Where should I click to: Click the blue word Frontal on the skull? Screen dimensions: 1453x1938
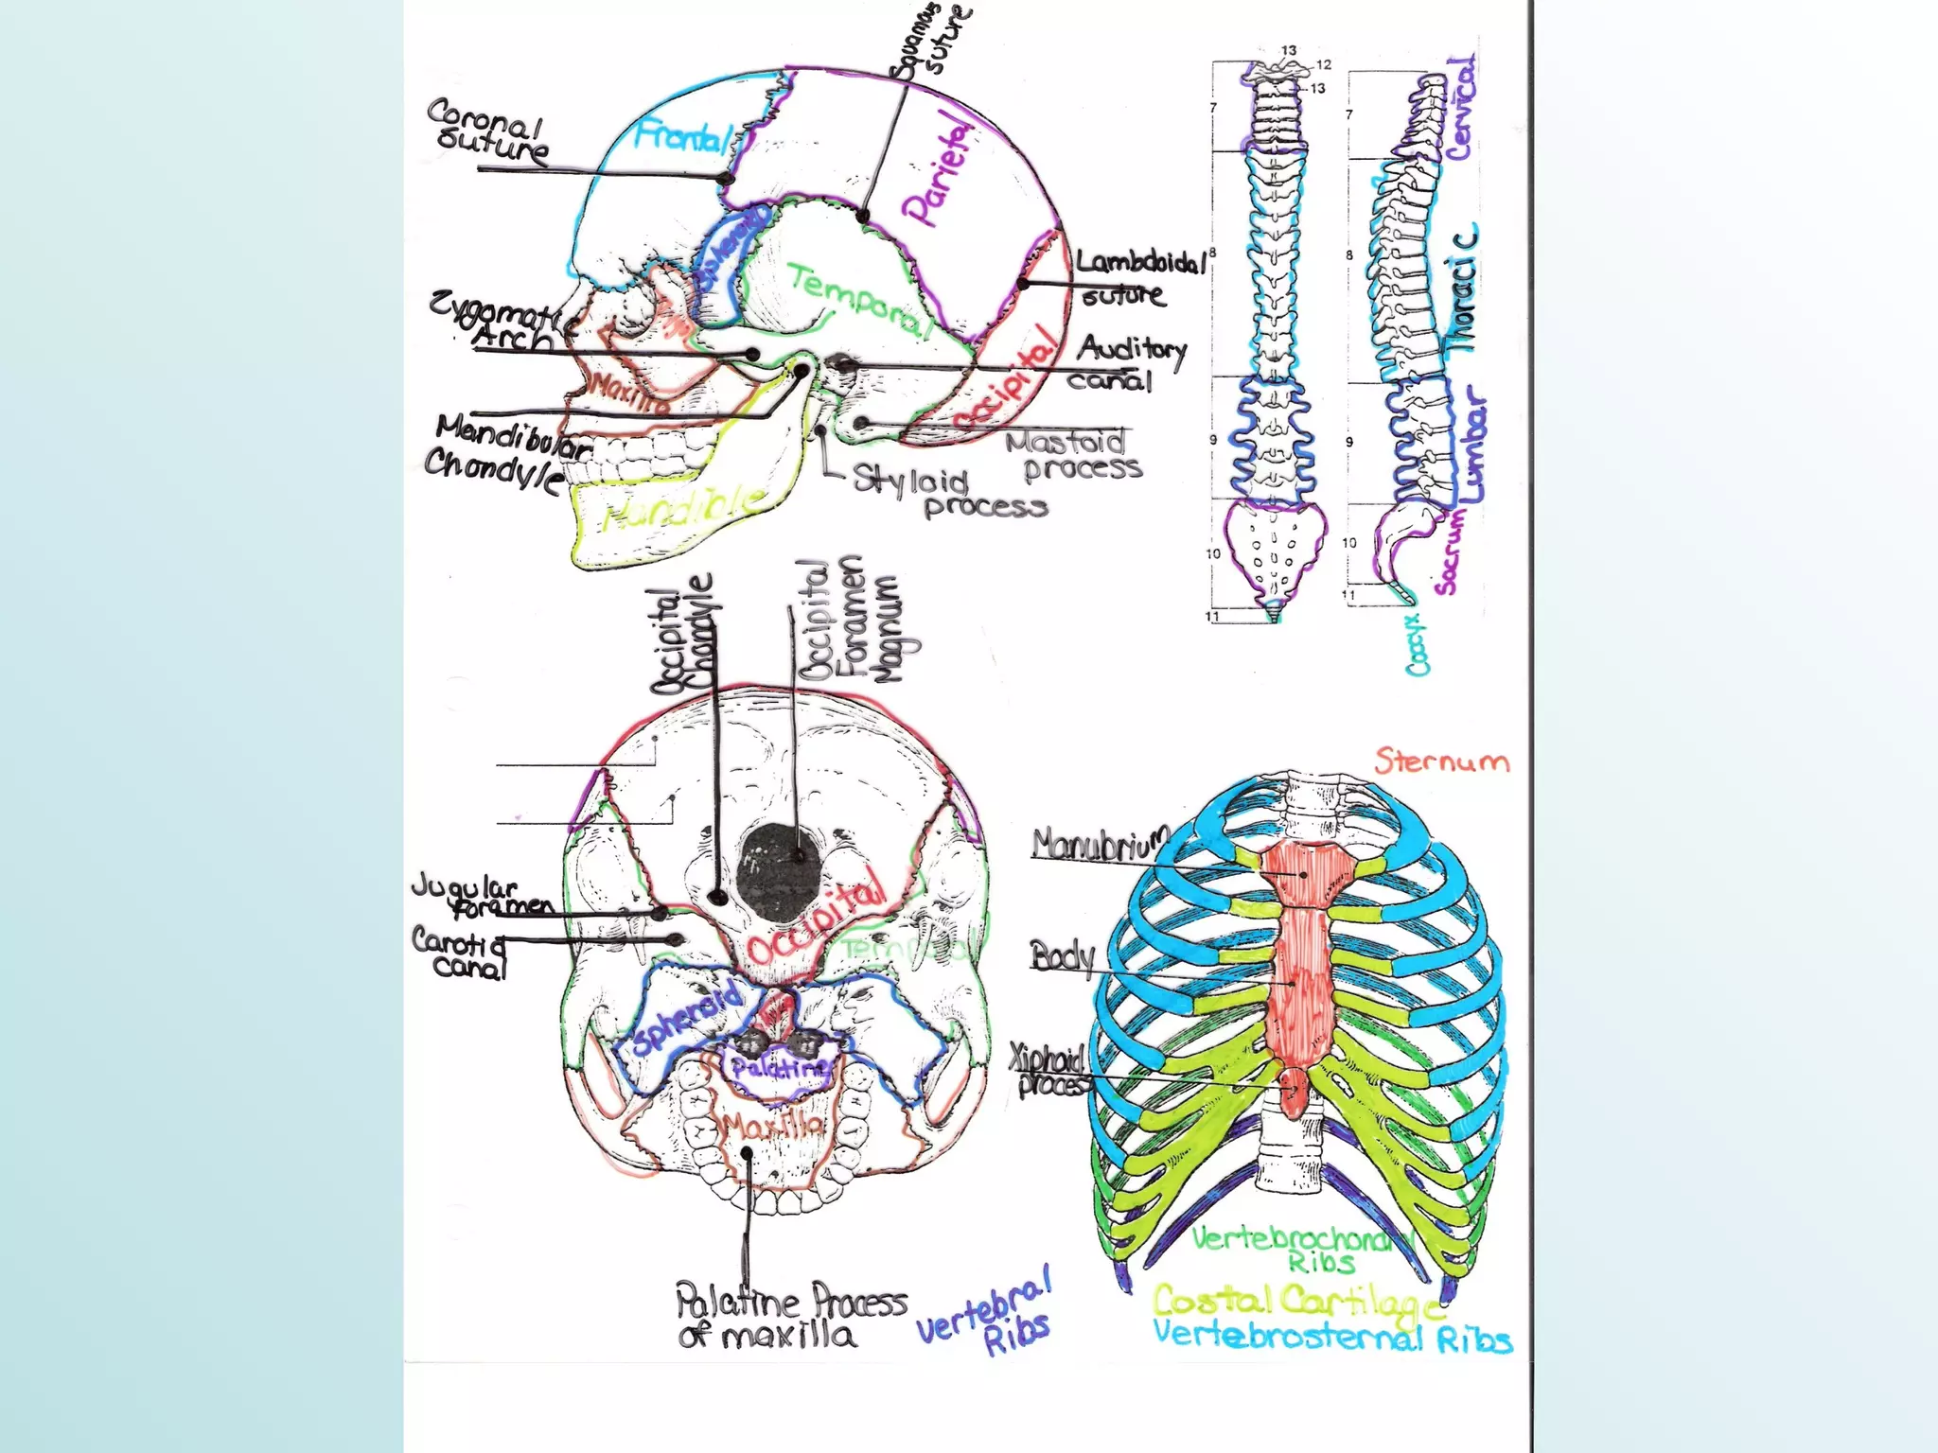pos(679,137)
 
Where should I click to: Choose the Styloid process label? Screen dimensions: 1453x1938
pos(946,493)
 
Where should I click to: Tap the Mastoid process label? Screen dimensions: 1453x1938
pos(1074,455)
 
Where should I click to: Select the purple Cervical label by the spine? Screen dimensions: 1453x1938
pos(1460,108)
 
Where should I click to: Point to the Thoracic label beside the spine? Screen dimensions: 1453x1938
pos(1463,289)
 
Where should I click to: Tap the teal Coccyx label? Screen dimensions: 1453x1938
pos(1417,643)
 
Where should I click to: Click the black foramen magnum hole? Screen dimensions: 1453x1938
pos(778,871)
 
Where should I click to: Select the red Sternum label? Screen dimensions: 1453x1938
pos(1441,762)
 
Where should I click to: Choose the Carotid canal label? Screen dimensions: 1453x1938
pos(459,952)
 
